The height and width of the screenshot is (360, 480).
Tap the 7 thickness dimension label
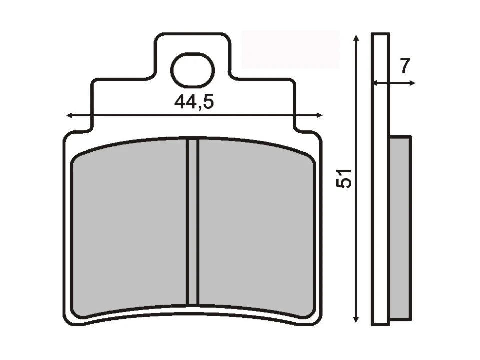coord(405,66)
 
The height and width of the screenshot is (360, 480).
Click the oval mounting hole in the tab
coord(192,70)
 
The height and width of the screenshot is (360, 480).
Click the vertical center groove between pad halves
coord(193,222)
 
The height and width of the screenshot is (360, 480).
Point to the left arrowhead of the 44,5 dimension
coord(70,115)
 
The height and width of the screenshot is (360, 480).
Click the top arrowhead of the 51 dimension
coord(356,39)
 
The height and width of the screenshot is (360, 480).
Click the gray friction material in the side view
coord(400,227)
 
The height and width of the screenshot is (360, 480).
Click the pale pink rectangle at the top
coord(290,49)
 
